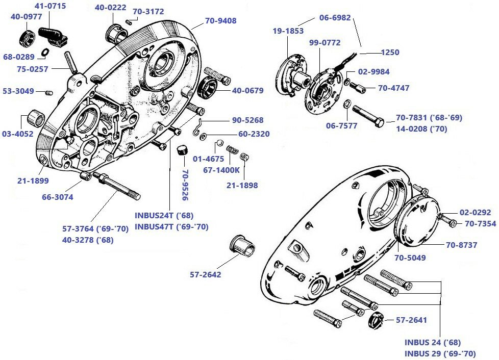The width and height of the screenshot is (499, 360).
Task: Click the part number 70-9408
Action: (x=221, y=21)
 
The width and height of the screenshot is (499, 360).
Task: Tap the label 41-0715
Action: (x=50, y=6)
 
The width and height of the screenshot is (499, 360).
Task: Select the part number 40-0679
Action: (x=248, y=91)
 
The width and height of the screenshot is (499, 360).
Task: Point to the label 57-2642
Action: (x=206, y=274)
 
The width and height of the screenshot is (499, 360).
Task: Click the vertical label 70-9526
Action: (x=185, y=185)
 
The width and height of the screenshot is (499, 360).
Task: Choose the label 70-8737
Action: (x=461, y=245)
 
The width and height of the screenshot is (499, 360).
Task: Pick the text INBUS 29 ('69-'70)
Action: (x=440, y=353)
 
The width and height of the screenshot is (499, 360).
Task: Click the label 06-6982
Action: (x=335, y=17)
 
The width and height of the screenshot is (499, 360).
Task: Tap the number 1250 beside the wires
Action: (x=390, y=52)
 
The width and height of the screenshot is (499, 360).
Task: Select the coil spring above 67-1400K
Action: (x=232, y=151)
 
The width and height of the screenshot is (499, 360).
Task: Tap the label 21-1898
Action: (x=242, y=186)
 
